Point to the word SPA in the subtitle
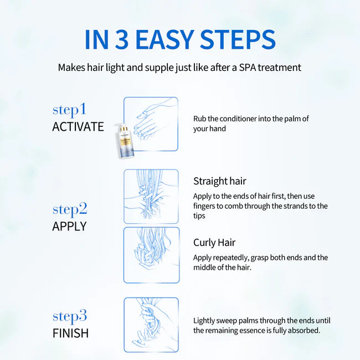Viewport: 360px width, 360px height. coord(243,68)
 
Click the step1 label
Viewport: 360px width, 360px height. coord(69,109)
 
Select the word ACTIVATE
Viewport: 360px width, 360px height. coord(78,126)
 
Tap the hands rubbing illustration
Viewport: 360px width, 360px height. coord(151,124)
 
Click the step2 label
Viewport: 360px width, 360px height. coord(70,209)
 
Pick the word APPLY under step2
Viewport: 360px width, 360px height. coord(69,226)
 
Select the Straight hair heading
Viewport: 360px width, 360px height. coord(219,181)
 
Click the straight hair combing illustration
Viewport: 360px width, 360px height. coord(151,196)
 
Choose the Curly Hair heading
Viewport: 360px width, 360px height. coord(214,243)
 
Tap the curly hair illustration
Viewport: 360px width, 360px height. coord(151,255)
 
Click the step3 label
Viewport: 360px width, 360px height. coord(70,316)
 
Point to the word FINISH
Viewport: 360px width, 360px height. coord(70,333)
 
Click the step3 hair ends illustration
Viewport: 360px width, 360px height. coord(151,325)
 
